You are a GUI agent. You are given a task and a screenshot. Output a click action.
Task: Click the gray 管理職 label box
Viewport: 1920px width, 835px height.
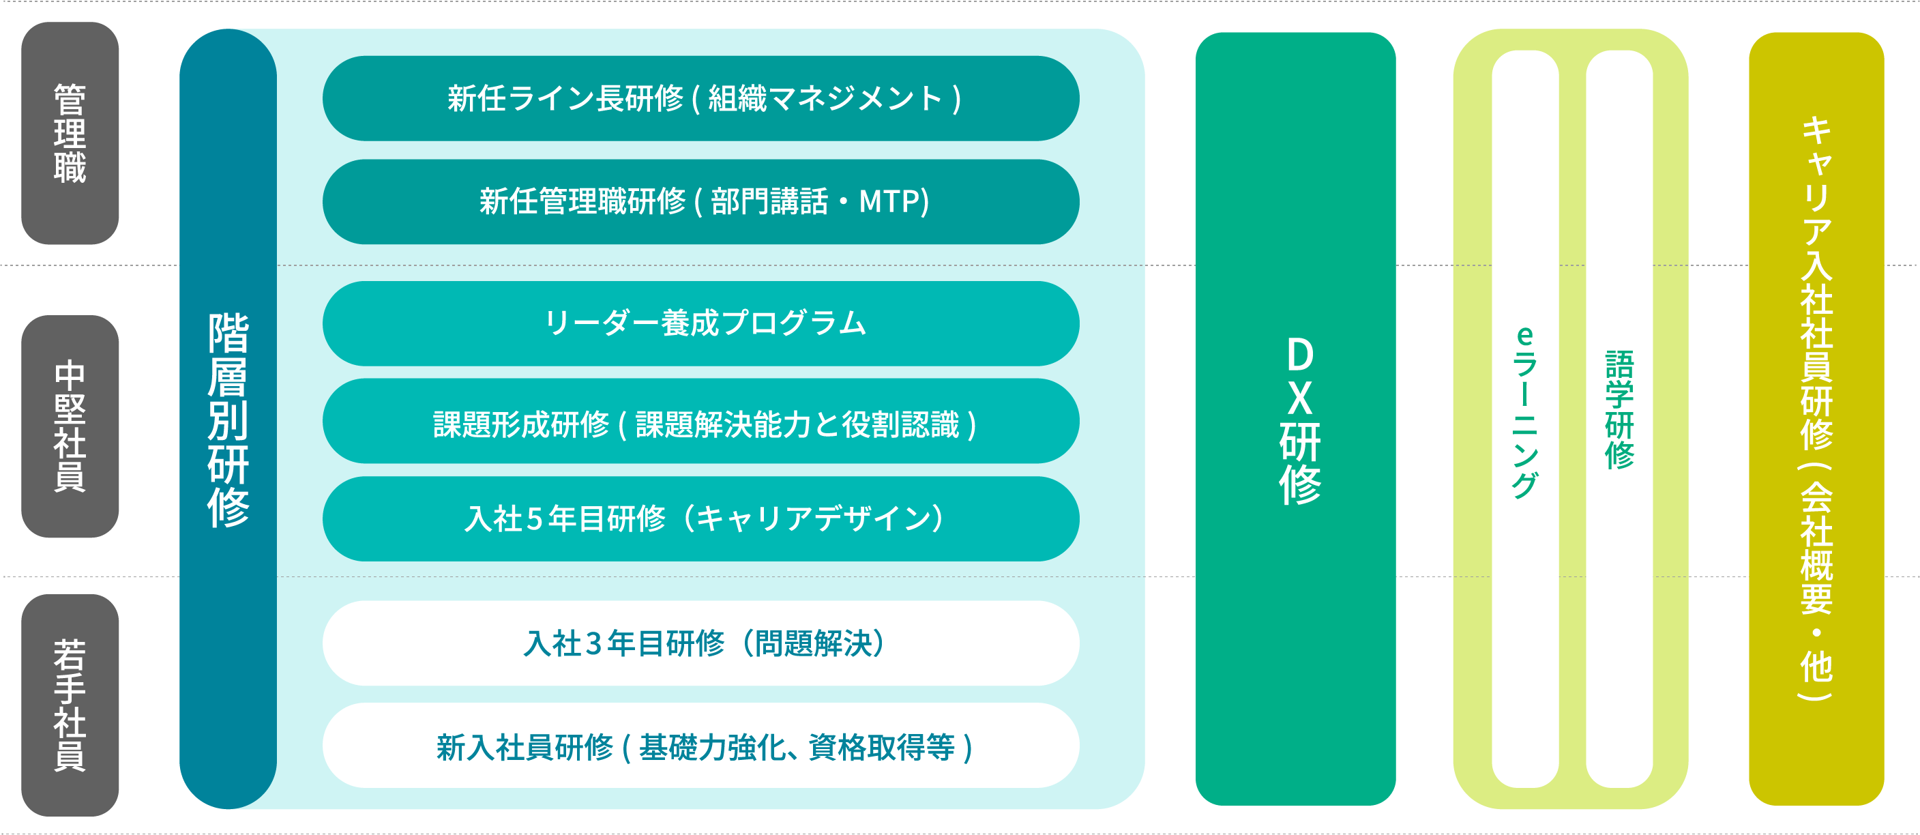point(70,133)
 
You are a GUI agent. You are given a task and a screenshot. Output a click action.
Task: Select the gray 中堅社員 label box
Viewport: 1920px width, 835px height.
point(70,426)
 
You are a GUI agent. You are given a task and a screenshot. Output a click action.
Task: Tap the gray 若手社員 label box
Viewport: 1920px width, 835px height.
point(70,705)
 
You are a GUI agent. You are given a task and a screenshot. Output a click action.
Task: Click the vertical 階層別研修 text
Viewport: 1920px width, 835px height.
point(228,419)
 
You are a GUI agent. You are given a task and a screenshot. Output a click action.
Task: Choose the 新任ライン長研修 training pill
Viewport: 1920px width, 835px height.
point(700,98)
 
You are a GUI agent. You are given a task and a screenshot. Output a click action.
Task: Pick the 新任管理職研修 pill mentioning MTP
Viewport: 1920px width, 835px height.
point(700,201)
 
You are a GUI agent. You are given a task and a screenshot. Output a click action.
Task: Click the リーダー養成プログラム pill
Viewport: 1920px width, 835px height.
point(700,323)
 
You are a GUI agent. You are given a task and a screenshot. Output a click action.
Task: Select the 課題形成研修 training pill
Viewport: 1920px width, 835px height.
point(700,424)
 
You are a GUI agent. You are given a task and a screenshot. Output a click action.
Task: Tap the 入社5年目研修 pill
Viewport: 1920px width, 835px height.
point(700,519)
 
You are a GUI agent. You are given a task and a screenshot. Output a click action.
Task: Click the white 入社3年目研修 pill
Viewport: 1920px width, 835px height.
point(700,643)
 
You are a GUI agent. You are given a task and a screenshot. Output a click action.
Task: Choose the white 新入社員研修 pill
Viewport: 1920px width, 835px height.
point(700,746)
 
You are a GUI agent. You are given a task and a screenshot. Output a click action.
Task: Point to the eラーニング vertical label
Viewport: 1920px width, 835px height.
point(1525,411)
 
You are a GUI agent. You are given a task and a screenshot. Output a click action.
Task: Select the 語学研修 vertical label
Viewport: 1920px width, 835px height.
point(1619,410)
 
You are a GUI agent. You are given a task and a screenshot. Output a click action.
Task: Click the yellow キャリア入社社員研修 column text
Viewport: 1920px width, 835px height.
point(1816,410)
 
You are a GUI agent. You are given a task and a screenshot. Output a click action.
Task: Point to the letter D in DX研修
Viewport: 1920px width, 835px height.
point(1300,355)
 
